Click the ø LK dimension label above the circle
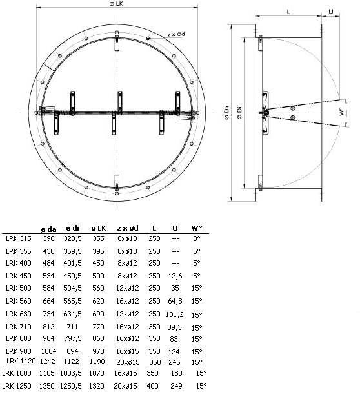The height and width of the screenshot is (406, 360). coord(116,4)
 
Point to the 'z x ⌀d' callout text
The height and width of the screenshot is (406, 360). coord(176,34)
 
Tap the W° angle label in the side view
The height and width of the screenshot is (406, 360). coord(342,111)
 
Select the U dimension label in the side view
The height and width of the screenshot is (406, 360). coord(331,12)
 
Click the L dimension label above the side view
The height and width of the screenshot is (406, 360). coord(288,12)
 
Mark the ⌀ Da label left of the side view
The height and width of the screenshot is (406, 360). coord(226,113)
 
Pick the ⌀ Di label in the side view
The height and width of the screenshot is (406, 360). coord(239,113)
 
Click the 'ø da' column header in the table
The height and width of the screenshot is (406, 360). coord(48,229)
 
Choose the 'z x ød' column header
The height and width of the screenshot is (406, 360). coord(128,228)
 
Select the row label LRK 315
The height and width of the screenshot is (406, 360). coord(19,238)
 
